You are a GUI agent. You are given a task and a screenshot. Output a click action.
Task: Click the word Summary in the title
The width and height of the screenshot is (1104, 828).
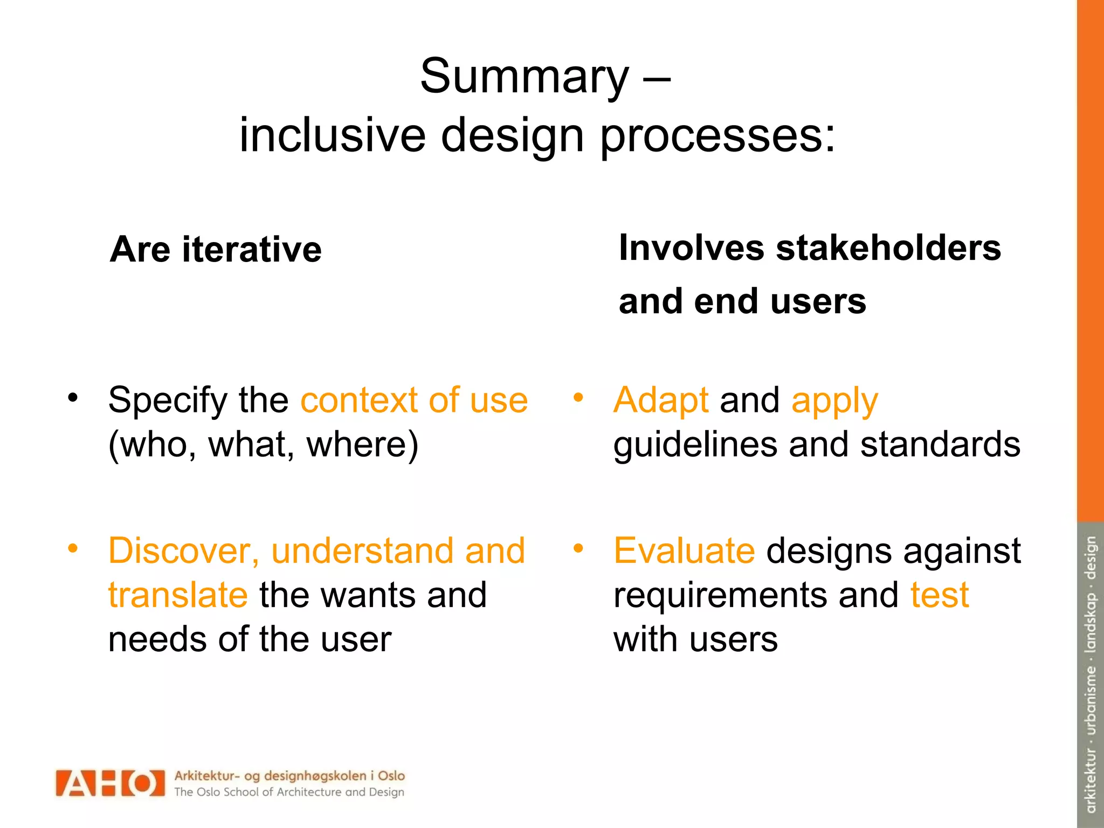coord(524,77)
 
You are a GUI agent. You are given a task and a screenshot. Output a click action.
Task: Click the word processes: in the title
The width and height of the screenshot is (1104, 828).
coord(717,135)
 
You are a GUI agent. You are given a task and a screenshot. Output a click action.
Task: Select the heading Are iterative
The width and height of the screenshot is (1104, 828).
coord(216,250)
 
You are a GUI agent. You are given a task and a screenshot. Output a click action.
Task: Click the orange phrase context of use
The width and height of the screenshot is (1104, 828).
coord(414,400)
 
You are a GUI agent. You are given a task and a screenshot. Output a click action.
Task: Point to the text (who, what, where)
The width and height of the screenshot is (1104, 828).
coord(263,444)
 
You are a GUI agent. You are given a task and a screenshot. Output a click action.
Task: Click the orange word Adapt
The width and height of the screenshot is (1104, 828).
coord(660,400)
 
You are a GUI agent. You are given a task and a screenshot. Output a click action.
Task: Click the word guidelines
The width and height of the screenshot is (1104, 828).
coord(695,445)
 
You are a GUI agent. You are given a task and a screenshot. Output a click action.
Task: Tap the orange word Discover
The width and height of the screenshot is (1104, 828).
coord(183,551)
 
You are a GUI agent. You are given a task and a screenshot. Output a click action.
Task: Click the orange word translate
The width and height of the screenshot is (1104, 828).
coord(178,595)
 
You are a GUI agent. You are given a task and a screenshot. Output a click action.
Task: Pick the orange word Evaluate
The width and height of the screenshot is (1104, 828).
coord(684,551)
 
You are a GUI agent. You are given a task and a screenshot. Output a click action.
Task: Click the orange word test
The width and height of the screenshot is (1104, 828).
coord(940,595)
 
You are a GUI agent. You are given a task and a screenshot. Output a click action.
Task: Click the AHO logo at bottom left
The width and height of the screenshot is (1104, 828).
coord(110,783)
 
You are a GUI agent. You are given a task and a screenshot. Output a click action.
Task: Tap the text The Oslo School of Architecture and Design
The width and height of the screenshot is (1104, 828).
coord(289,792)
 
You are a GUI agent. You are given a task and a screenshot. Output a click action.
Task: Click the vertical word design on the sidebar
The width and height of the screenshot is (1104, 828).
coord(1090,558)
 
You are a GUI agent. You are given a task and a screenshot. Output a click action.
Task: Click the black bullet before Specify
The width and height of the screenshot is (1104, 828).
coord(73,398)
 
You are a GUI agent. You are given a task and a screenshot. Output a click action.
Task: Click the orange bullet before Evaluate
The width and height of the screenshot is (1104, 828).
coord(578,549)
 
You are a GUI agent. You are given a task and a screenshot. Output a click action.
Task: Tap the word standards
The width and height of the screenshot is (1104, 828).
coord(940,445)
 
